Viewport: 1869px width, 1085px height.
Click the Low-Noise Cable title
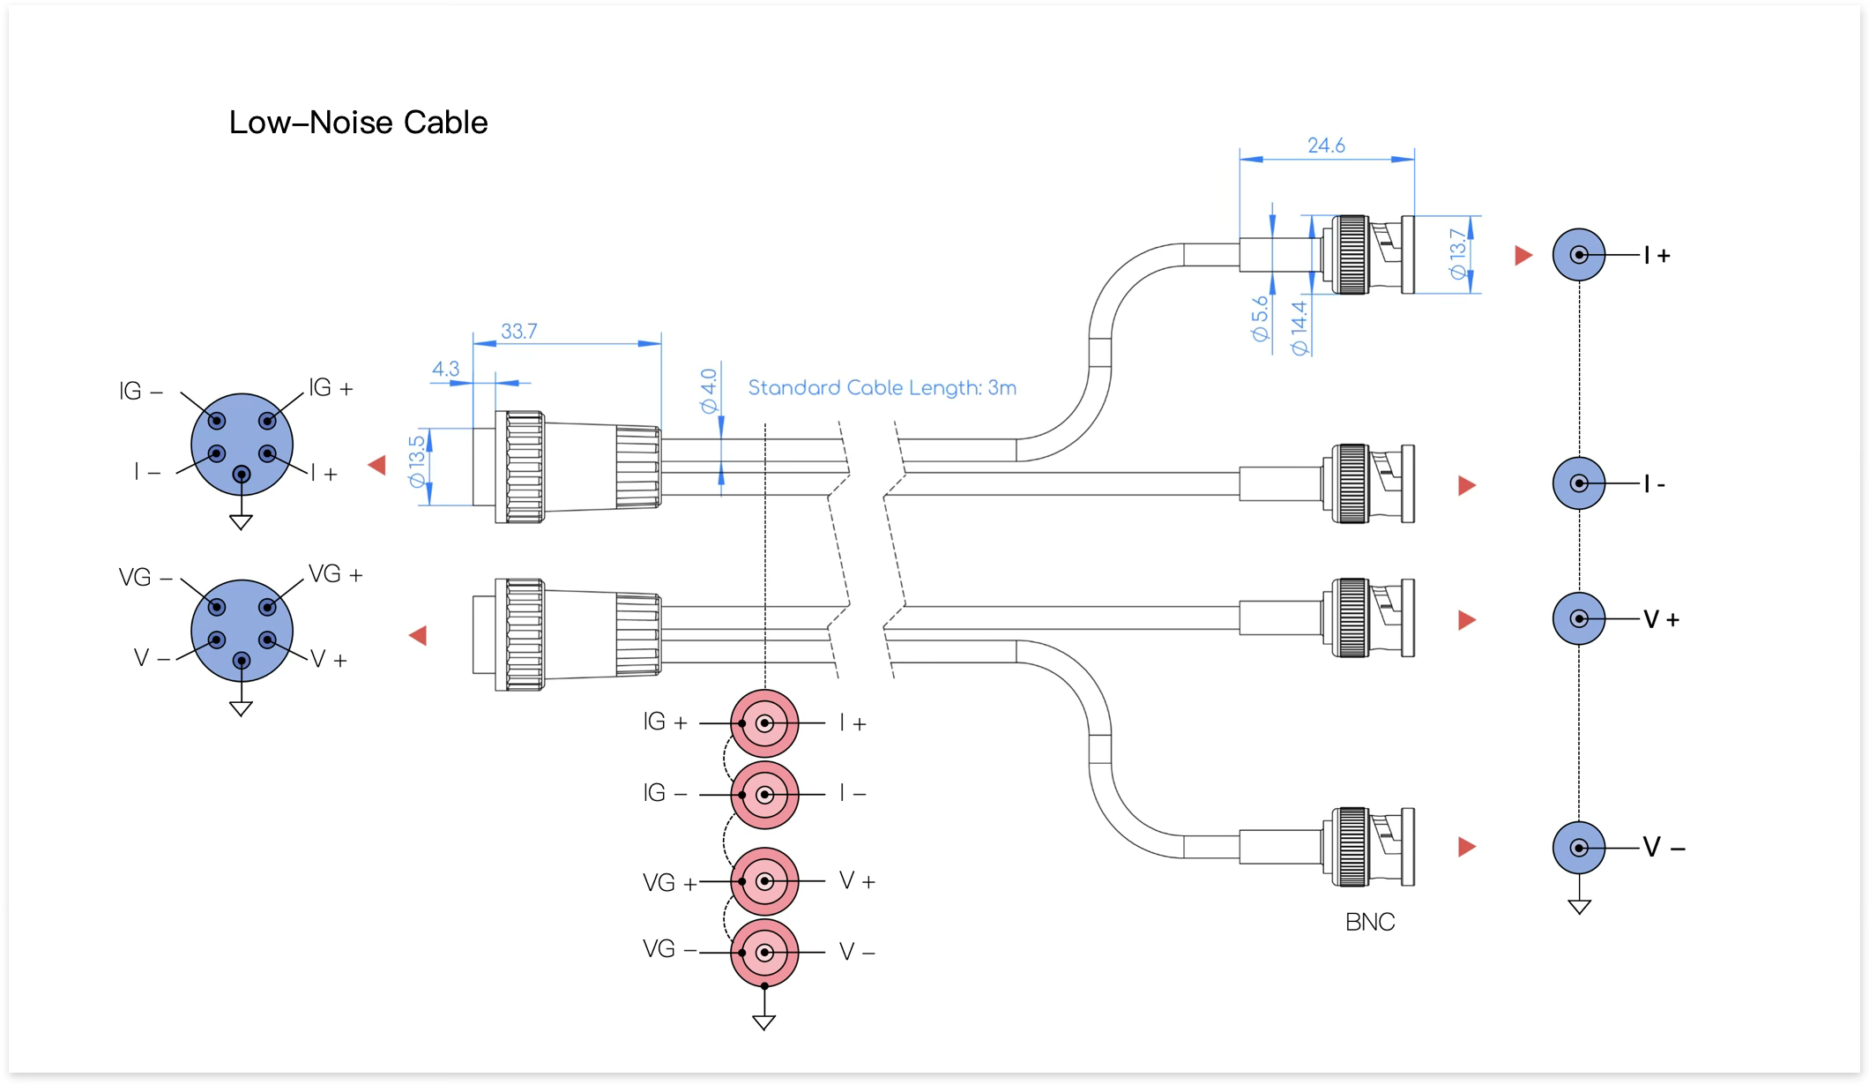358,123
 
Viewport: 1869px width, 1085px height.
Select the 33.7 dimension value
519,332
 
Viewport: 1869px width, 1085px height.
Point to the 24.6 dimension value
1326,146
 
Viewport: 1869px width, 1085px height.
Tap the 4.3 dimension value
445,369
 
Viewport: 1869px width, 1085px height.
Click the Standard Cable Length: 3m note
882,388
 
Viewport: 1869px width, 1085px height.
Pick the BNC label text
1370,922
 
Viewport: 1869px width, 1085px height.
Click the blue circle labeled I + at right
1579,255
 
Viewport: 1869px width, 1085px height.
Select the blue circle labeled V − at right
1579,848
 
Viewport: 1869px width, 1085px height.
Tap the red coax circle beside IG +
764,723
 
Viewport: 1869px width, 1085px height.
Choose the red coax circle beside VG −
764,953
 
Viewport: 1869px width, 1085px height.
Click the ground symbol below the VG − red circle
764,1022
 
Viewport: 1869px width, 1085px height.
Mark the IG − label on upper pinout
141,391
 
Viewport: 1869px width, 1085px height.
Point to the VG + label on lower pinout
336,574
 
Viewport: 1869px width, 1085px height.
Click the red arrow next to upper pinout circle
377,465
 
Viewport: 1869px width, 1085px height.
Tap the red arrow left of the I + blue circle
1523,256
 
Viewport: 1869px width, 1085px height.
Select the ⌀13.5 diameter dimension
417,460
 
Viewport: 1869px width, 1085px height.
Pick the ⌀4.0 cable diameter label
709,391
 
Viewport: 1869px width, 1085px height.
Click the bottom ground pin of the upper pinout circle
241,475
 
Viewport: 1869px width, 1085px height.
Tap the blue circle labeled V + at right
1579,618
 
